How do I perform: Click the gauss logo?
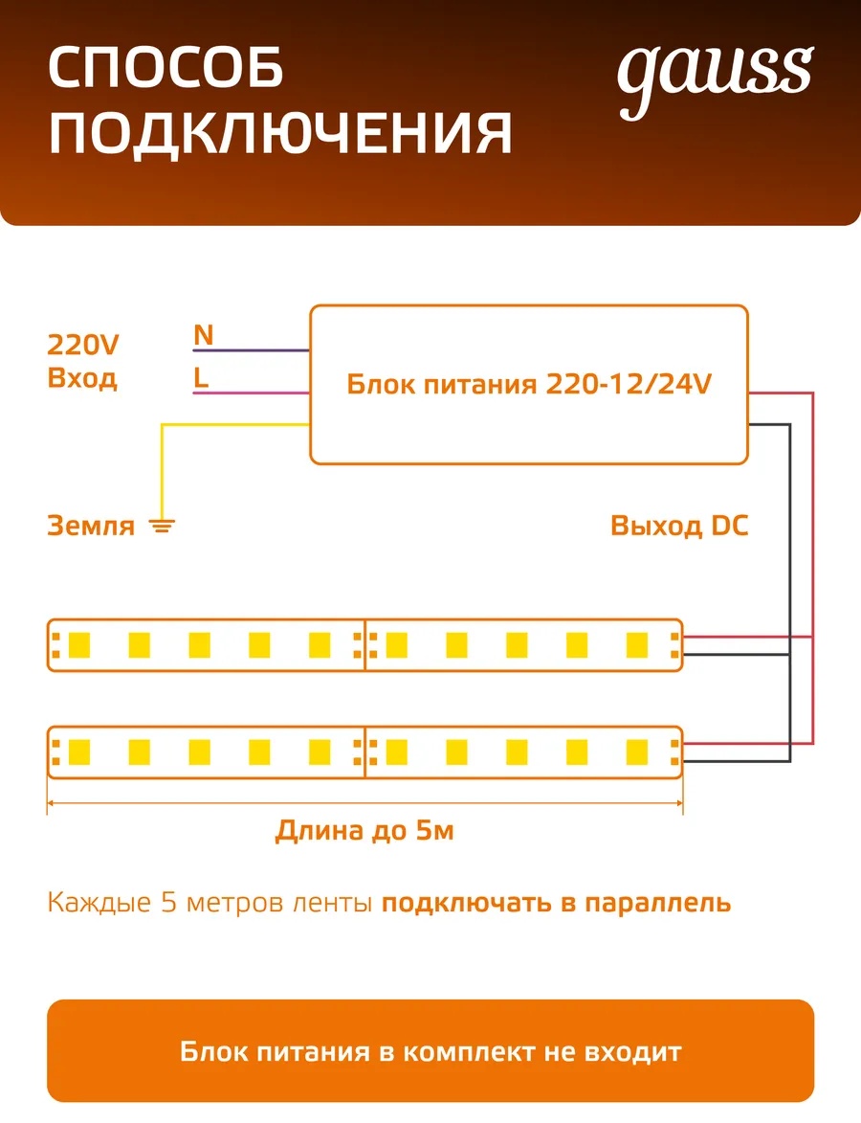tap(715, 78)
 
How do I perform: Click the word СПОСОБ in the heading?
tap(166, 69)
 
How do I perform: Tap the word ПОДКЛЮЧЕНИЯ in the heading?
tap(280, 133)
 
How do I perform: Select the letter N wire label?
tap(203, 334)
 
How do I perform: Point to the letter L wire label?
tap(201, 376)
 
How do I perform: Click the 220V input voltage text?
tap(83, 345)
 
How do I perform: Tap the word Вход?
tap(82, 378)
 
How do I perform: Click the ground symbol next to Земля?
tap(162, 526)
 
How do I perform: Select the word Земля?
tap(91, 526)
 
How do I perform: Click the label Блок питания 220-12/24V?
tap(529, 384)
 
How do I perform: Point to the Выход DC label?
tap(679, 526)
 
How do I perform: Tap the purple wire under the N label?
tap(252, 350)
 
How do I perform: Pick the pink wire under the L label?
tap(252, 393)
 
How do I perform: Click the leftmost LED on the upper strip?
tap(78, 644)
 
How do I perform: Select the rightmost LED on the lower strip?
tap(636, 752)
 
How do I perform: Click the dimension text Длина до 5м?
tap(365, 830)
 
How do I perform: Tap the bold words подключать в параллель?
tap(556, 903)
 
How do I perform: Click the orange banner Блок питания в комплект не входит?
tap(430, 1050)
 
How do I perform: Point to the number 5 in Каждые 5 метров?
tap(168, 903)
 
